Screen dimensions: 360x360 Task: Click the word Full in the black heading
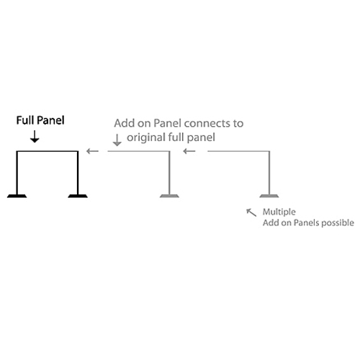point(25,120)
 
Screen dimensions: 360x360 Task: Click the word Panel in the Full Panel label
point(51,120)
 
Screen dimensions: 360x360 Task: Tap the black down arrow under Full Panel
point(35,137)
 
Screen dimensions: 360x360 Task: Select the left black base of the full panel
point(17,196)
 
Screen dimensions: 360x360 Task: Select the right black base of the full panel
point(78,196)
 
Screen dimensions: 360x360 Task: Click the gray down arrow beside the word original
point(117,140)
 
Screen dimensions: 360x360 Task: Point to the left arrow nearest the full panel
point(92,151)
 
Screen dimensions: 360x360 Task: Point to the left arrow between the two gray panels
point(189,151)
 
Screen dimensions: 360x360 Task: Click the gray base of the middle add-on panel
point(169,196)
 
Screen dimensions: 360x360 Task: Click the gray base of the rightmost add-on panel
point(269,196)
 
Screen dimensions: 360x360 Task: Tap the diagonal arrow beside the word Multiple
point(251,212)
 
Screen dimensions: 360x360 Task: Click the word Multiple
point(279,212)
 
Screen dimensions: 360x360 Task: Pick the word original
point(146,138)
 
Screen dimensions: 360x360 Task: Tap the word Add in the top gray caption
point(125,123)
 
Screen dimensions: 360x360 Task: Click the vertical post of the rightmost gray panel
point(269,173)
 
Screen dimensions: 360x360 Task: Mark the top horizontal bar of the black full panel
point(48,151)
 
